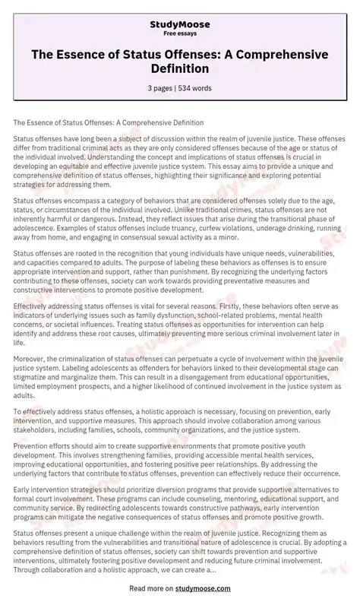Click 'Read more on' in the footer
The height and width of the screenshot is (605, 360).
[x=153, y=588]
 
